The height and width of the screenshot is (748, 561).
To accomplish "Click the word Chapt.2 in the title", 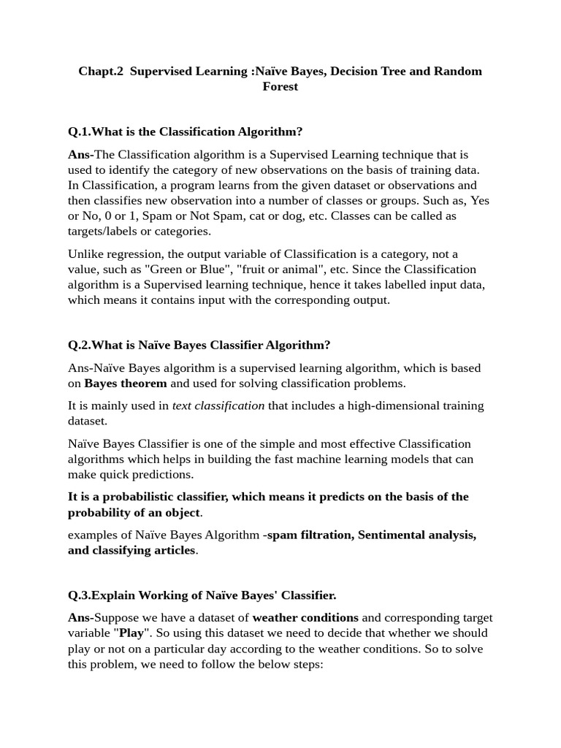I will pyautogui.click(x=101, y=71).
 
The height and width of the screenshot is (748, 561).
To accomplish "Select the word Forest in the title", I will pyautogui.click(x=280, y=86).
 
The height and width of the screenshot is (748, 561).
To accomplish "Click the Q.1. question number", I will pyautogui.click(x=79, y=131).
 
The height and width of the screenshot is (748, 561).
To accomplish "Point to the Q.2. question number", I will pyautogui.click(x=79, y=345).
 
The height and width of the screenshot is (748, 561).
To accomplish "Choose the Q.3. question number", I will pyautogui.click(x=79, y=595).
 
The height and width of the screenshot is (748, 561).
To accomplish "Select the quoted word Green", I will pyautogui.click(x=162, y=270).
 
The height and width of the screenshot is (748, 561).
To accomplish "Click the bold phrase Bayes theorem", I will pyautogui.click(x=126, y=383).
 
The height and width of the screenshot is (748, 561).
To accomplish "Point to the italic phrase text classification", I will pyautogui.click(x=218, y=405).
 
